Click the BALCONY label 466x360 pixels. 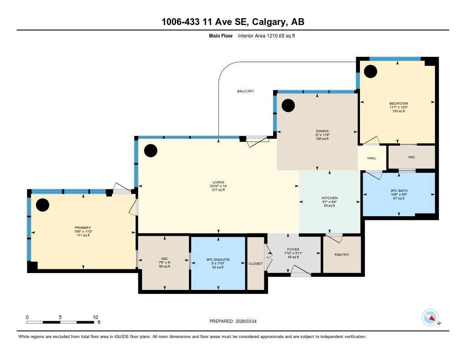245,91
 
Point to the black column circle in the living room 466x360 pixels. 151,151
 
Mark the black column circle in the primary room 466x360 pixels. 42,205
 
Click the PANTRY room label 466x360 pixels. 341,255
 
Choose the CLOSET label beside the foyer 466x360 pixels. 255,264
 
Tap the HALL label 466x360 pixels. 372,158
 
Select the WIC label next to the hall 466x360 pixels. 411,157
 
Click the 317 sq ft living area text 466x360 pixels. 218,190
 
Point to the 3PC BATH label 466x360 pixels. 398,191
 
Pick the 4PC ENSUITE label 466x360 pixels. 218,259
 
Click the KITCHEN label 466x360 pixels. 329,198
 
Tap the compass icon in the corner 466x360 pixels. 430,317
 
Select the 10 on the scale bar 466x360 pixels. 95,317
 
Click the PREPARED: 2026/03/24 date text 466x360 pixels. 236,321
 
